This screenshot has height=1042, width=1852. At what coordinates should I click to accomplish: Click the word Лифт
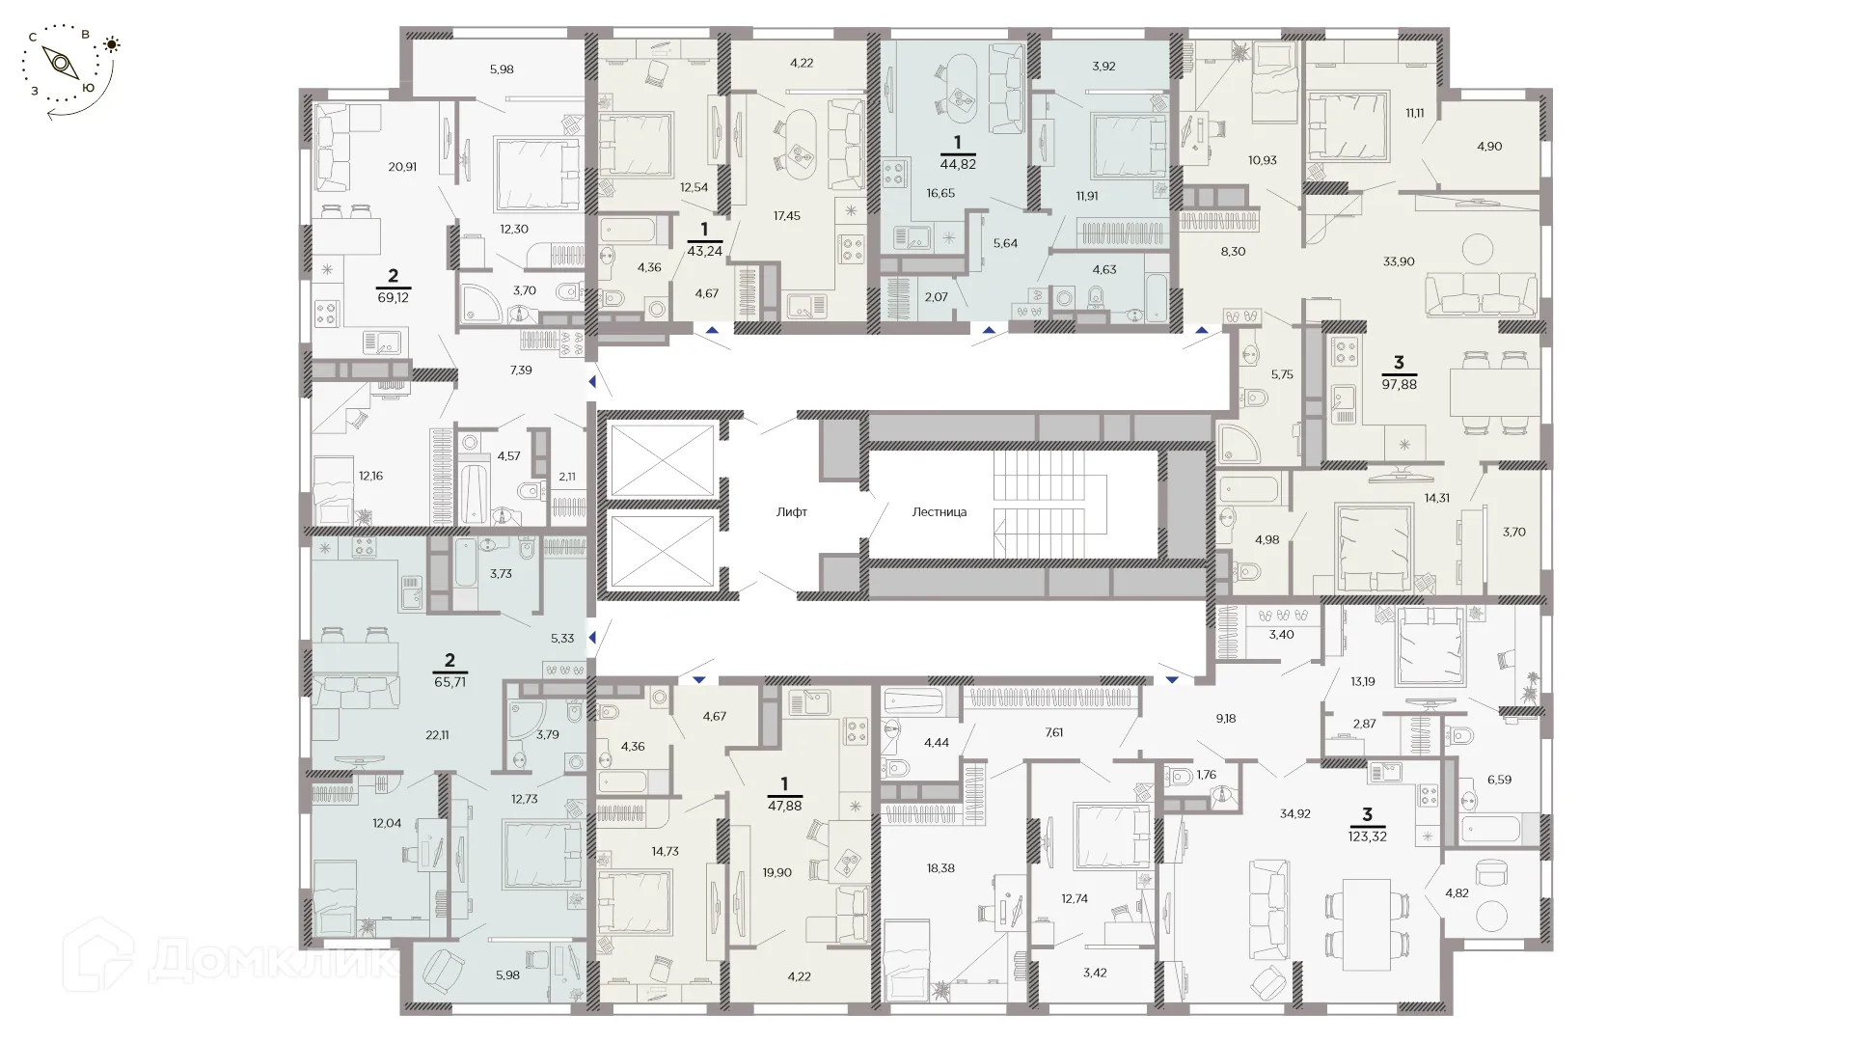point(791,512)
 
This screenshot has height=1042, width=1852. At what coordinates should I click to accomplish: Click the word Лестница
point(939,512)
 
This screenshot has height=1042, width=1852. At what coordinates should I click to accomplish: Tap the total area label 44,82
point(958,164)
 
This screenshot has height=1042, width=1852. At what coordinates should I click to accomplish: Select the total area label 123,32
point(1367,836)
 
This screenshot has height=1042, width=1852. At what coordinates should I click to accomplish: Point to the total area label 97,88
point(1399,384)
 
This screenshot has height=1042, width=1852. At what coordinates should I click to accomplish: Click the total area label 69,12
point(394,298)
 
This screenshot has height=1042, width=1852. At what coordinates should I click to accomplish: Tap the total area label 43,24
point(704,250)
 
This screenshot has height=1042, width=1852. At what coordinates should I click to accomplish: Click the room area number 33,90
point(1399,260)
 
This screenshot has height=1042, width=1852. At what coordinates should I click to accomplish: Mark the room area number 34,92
point(1295,813)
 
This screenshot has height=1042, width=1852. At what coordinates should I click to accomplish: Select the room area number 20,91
point(402,166)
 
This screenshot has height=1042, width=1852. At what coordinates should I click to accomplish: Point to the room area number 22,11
point(437,734)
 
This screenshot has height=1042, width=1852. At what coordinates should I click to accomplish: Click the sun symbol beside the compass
point(113,43)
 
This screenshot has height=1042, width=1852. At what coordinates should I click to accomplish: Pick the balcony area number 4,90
point(1488,147)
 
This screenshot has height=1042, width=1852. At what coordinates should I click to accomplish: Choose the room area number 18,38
point(940,868)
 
